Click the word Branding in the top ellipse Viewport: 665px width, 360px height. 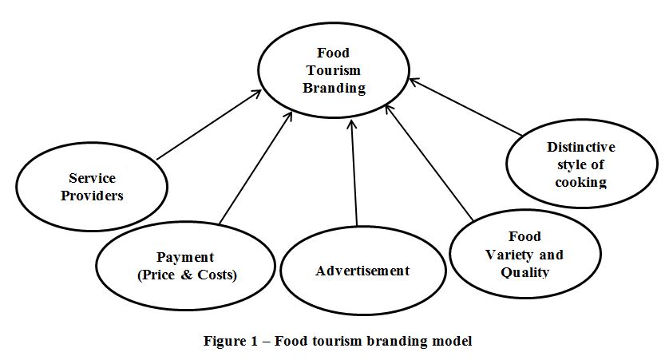[x=334, y=88]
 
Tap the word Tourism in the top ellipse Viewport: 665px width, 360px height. [x=334, y=70]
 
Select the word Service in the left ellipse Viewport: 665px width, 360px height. [x=93, y=178]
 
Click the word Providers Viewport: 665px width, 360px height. [x=93, y=196]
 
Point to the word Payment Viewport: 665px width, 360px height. [x=185, y=257]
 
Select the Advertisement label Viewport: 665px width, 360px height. [x=362, y=271]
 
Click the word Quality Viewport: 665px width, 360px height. [x=524, y=272]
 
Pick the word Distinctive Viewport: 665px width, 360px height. [x=581, y=147]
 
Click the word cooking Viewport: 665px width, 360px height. [x=581, y=182]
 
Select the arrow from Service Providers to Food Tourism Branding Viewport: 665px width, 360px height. [x=209, y=125]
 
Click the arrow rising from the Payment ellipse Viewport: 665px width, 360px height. [x=253, y=168]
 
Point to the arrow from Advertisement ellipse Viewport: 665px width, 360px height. [x=354, y=172]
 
